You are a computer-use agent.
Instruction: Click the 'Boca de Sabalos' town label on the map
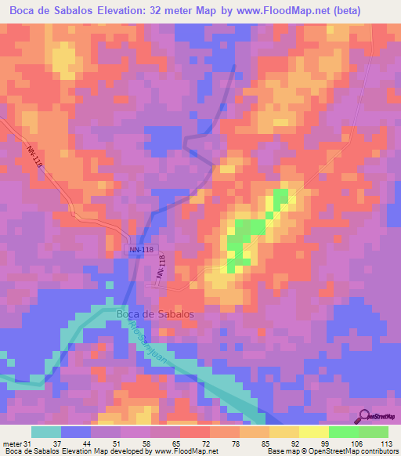coord(154,314)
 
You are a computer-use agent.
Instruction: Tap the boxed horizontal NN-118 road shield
coord(141,249)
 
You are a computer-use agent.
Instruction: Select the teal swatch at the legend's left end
coord(47,432)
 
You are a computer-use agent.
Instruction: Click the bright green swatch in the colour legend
coord(343,432)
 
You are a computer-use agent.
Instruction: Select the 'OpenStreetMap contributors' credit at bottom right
coord(356,451)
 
